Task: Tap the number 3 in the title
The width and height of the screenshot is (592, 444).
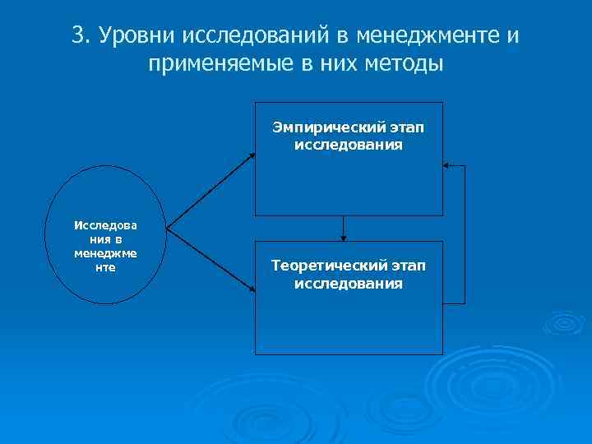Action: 77,36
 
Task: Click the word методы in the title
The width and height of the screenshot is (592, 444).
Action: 400,64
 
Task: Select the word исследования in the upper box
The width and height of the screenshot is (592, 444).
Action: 349,145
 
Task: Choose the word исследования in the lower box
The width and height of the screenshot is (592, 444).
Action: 349,284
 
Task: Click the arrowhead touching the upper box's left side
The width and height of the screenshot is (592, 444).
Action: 252,154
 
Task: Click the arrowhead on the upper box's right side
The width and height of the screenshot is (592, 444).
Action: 447,166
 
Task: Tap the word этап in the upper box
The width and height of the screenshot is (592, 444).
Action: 407,128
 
